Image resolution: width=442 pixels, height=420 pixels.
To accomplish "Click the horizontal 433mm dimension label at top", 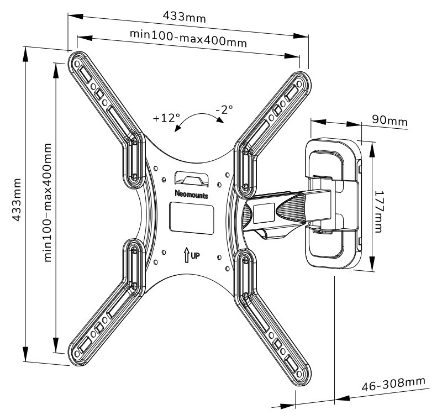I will pos(185,17).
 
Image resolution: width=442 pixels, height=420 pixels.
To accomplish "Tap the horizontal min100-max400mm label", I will pos(188,38).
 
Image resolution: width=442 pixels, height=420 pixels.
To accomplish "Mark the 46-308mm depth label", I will pos(393,382).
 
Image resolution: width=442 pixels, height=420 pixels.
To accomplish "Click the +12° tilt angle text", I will pos(166,118).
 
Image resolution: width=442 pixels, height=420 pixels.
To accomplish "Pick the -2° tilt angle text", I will pos(225,109).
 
